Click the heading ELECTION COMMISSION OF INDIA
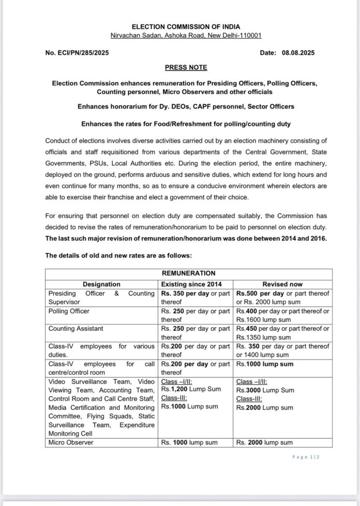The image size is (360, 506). [178, 26]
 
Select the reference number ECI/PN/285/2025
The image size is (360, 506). [77, 53]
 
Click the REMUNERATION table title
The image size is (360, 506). [188, 273]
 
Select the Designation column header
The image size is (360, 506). [101, 284]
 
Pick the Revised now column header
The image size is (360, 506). [282, 284]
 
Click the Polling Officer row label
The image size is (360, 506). [69, 311]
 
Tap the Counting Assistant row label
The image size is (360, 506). [76, 329]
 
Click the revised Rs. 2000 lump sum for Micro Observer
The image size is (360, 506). [264, 442]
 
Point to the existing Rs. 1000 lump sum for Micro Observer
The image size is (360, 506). [189, 442]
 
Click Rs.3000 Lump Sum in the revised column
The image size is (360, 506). [265, 390]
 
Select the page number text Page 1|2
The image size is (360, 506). [306, 457]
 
